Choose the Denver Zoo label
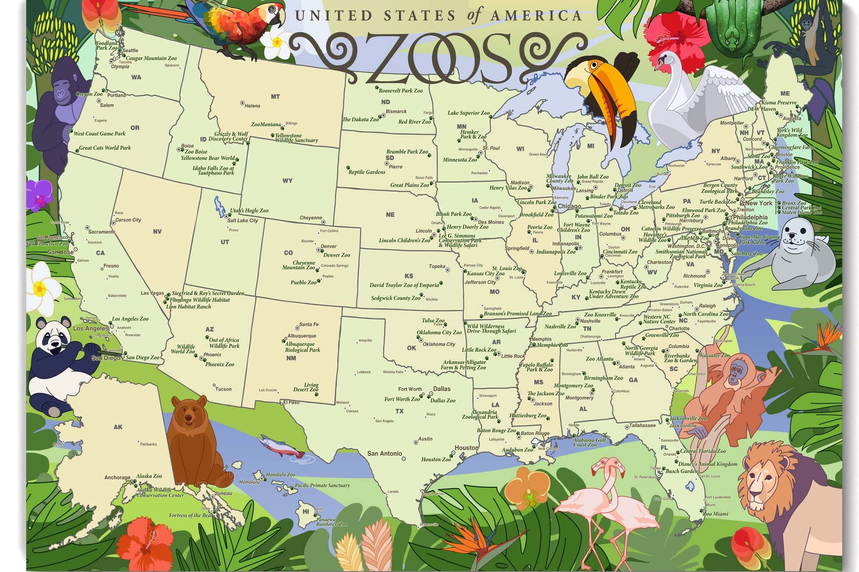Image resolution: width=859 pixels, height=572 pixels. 337,255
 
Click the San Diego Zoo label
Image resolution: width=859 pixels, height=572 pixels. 143,357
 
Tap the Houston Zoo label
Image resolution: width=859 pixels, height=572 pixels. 436,459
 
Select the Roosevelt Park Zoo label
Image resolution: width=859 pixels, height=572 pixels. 401,91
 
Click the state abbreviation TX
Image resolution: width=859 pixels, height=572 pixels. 399,411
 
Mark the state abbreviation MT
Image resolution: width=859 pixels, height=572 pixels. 275,97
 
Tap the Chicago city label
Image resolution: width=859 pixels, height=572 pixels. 569,206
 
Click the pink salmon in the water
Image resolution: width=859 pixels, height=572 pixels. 281,447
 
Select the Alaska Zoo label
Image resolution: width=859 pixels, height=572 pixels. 149,476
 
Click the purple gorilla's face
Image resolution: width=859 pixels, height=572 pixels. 62,92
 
